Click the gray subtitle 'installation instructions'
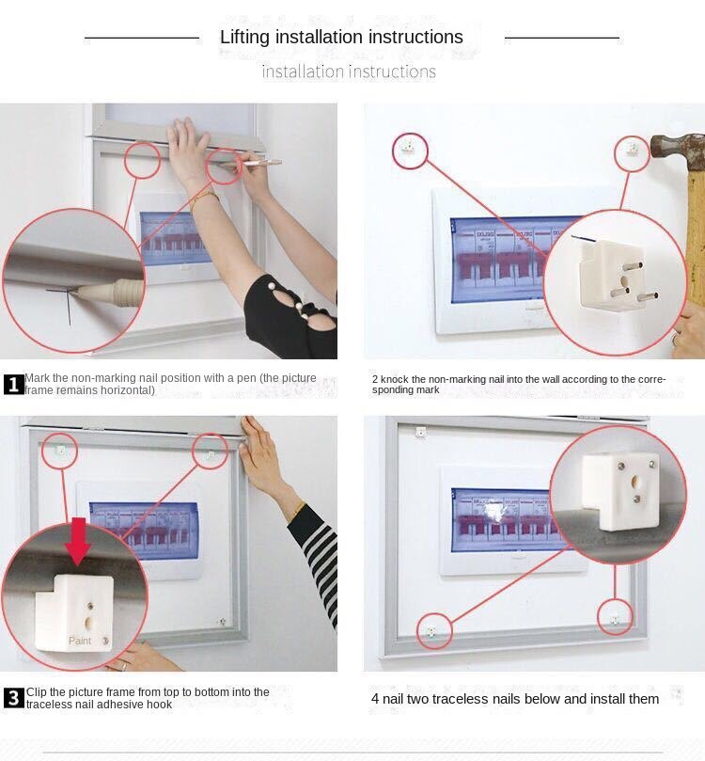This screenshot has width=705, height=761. point(349,71)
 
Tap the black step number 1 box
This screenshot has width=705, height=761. point(14,384)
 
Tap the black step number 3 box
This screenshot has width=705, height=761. point(14,698)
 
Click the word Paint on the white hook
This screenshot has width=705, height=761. point(80,641)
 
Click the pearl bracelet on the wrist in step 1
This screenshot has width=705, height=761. point(203,198)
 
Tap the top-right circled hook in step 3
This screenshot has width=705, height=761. point(211,453)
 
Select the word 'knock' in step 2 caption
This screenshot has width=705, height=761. point(396,379)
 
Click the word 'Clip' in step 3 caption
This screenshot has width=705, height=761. point(37,692)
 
